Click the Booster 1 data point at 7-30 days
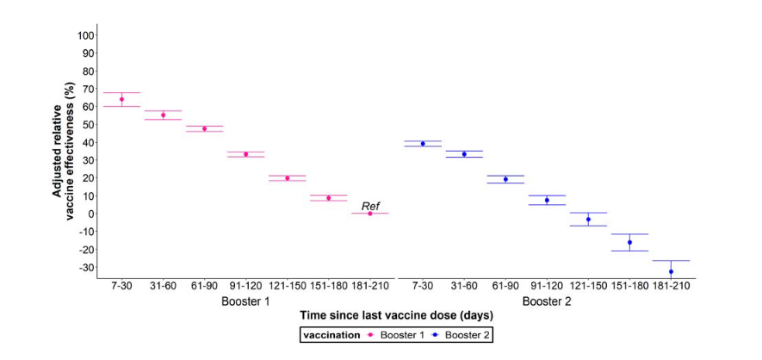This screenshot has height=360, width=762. (x=121, y=99)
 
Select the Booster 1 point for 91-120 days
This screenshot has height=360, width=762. (x=245, y=154)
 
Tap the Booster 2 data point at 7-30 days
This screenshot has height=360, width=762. (x=423, y=143)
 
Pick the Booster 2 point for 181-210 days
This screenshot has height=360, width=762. (x=671, y=271)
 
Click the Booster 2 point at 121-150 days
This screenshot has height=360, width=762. (x=588, y=220)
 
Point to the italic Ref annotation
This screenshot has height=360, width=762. (x=370, y=206)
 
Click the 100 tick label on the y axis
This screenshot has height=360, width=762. (x=84, y=35)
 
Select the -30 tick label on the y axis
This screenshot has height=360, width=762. (x=84, y=267)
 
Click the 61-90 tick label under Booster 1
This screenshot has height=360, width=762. (x=204, y=285)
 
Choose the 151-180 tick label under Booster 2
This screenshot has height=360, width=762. (x=629, y=285)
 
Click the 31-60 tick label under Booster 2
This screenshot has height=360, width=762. (x=464, y=285)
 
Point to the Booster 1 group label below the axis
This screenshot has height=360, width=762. (x=245, y=301)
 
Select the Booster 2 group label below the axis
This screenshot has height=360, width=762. (x=546, y=301)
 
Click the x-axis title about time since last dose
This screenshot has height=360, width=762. (x=395, y=318)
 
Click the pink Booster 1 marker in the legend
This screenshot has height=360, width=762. (x=370, y=334)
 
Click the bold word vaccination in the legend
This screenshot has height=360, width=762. (x=332, y=334)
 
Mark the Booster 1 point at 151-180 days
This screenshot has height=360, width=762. (x=328, y=198)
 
